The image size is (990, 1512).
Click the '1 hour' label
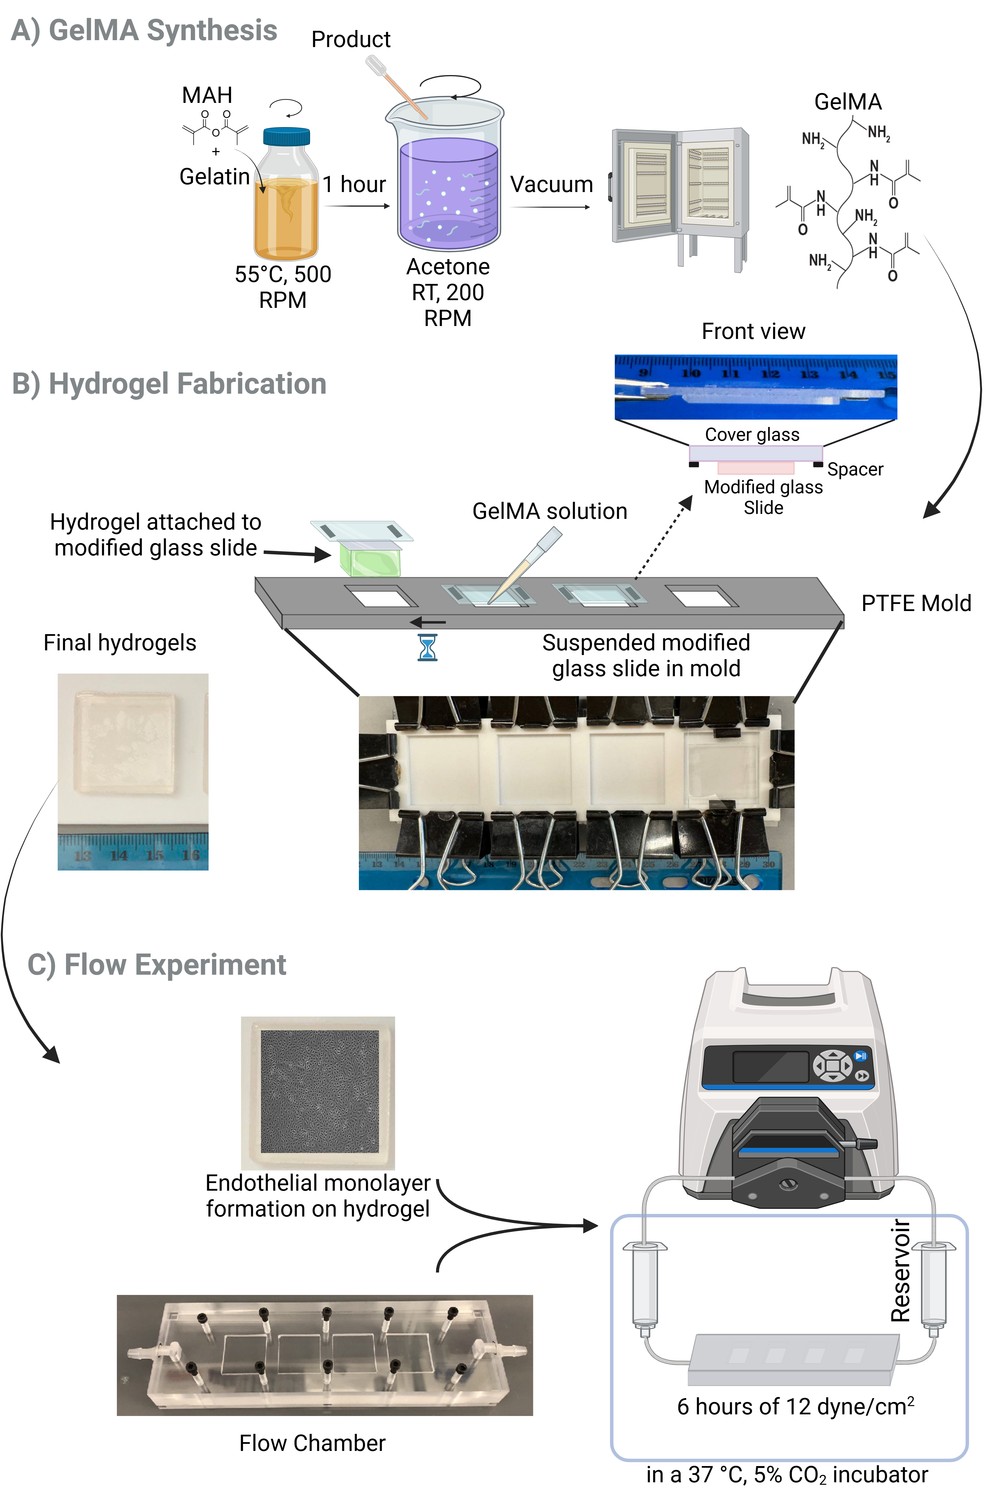[354, 184]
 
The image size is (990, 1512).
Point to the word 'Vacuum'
[551, 184]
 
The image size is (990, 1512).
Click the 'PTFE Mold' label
[916, 603]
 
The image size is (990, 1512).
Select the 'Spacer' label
[855, 470]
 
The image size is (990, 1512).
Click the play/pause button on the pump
[860, 1056]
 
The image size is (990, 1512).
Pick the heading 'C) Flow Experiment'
[157, 964]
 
